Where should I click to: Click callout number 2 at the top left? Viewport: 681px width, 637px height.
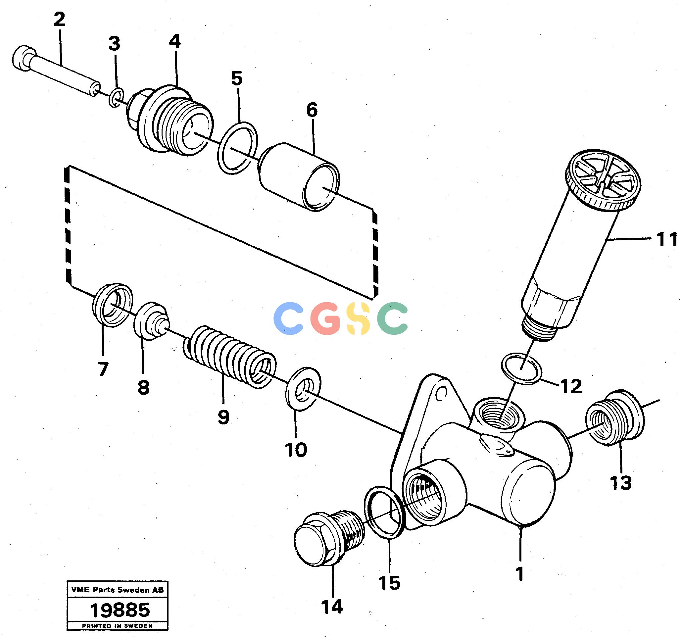coord(59,20)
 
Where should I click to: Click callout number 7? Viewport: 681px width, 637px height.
coord(103,369)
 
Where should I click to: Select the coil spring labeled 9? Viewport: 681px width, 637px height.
coord(230,357)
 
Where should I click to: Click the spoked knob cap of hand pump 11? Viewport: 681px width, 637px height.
coord(602,179)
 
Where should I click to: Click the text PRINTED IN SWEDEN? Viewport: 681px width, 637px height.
coord(117,626)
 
